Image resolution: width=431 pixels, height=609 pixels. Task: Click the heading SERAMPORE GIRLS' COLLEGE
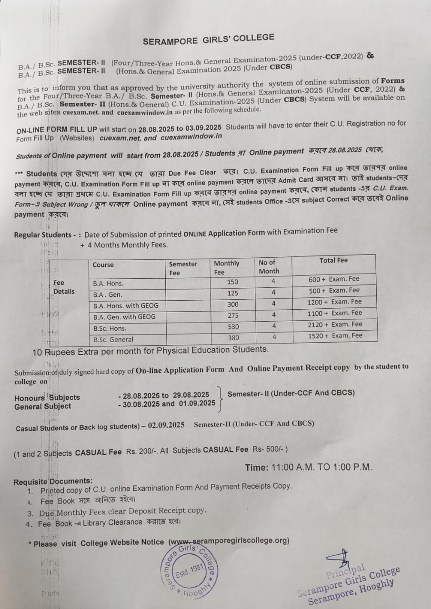click(x=208, y=39)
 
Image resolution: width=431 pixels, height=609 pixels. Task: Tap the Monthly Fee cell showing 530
click(x=232, y=327)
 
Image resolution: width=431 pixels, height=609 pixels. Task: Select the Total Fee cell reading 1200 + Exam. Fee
click(x=335, y=302)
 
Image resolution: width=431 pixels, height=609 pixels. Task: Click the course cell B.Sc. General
click(x=113, y=339)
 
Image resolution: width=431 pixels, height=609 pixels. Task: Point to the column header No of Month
click(x=269, y=266)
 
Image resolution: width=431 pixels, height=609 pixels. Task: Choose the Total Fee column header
click(x=333, y=260)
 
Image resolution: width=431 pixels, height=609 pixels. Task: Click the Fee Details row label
click(x=64, y=287)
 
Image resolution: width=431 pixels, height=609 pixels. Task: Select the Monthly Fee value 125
click(x=232, y=294)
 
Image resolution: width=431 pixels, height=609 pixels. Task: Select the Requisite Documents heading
click(x=53, y=481)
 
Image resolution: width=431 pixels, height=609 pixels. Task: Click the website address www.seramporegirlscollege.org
click(x=229, y=541)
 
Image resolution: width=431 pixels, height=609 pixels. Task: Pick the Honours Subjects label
click(x=47, y=397)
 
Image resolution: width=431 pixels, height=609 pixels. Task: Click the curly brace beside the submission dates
click(x=220, y=399)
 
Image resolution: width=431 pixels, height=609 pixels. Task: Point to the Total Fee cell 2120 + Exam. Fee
click(x=335, y=324)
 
